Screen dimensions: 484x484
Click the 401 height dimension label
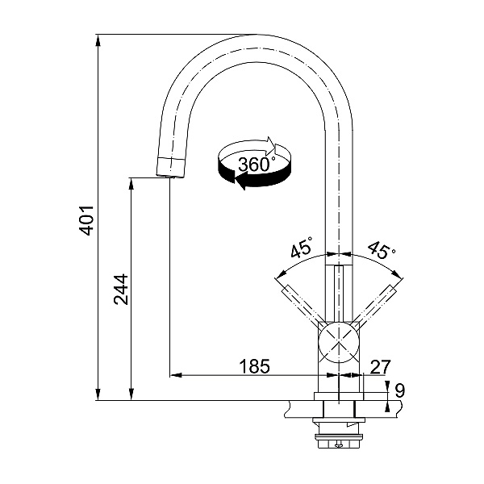[86, 220]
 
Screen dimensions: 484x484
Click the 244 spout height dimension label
[121, 290]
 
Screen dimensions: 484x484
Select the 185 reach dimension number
[255, 366]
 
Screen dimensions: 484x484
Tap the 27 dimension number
[380, 367]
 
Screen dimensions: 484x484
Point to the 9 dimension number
[400, 390]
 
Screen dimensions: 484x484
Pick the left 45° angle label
[302, 247]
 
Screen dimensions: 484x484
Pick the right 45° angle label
[382, 249]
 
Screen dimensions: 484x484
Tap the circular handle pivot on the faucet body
[340, 342]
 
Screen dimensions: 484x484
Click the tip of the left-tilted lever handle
[285, 289]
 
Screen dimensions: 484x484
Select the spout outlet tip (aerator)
[170, 168]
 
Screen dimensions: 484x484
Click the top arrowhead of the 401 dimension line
[98, 41]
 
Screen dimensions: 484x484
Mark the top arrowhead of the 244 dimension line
[131, 184]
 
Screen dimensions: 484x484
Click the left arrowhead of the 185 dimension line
[176, 375]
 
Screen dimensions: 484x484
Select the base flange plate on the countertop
[339, 396]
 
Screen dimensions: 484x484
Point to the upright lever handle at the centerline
[339, 294]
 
